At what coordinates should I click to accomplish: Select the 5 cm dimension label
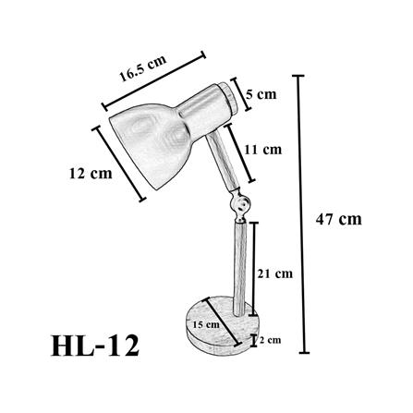click(x=260, y=93)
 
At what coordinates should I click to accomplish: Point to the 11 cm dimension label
click(x=263, y=148)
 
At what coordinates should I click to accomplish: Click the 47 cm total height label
click(x=338, y=219)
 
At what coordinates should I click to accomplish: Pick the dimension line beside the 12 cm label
click(x=119, y=163)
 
